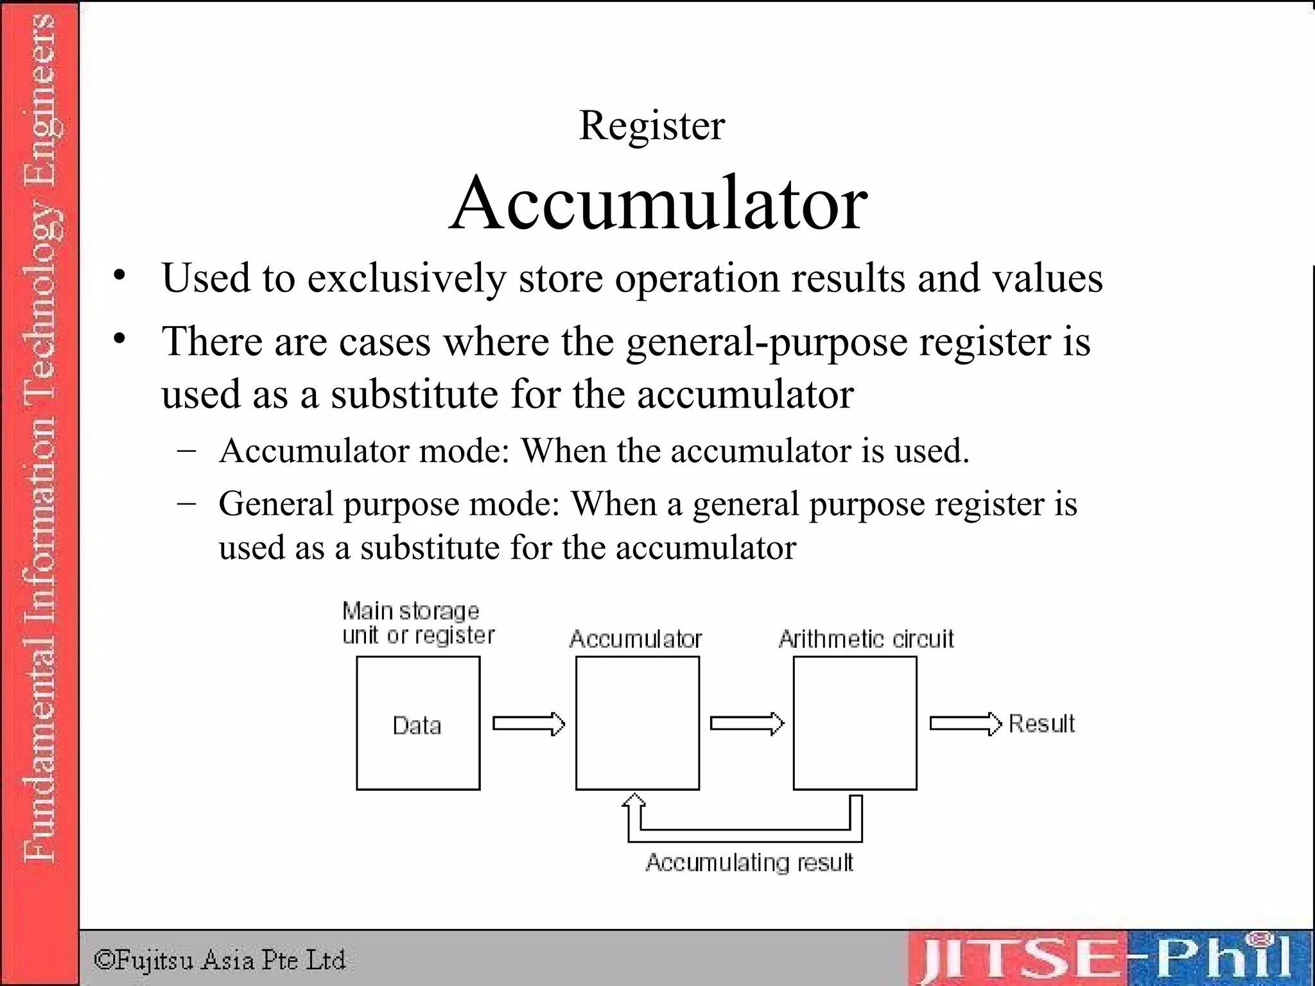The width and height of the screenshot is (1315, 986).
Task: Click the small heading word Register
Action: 652,125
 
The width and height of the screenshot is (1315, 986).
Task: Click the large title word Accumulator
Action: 658,204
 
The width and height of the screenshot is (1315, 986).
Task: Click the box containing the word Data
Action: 418,723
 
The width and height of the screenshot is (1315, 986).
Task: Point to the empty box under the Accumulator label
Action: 637,723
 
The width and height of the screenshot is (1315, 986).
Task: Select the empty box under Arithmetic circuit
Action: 855,723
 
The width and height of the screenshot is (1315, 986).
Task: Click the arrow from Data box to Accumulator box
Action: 528,723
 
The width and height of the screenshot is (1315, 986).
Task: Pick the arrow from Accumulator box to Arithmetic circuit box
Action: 746,723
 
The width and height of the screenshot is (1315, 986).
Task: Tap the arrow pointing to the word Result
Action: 965,723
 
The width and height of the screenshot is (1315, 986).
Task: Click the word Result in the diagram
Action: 1041,723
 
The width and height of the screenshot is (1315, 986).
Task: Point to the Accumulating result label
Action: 749,862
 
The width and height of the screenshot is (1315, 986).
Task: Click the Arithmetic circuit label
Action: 866,639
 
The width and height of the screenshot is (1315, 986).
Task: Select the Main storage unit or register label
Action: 418,623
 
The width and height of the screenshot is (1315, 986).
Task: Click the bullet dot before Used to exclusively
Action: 119,277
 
